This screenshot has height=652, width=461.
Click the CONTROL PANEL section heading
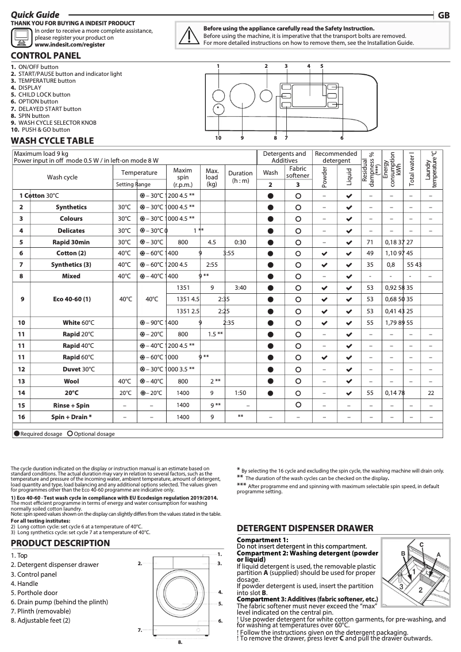tap(46, 56)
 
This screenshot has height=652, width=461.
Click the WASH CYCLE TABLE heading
tap(52, 141)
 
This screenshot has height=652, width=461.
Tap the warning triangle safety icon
tap(188, 35)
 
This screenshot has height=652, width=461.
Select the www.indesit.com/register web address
tap(70, 44)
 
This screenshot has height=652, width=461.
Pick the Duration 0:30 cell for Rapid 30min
tap(240, 242)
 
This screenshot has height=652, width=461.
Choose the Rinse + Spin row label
tap(71, 405)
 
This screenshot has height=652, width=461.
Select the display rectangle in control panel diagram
tap(309, 95)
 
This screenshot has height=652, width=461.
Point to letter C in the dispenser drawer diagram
tap(421, 543)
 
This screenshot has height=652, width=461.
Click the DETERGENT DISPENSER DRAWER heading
tap(305, 528)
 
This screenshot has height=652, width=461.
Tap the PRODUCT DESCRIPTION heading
tap(60, 543)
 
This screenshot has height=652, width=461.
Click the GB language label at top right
tap(444, 15)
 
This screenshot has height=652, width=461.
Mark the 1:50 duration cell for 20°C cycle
tap(240, 393)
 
